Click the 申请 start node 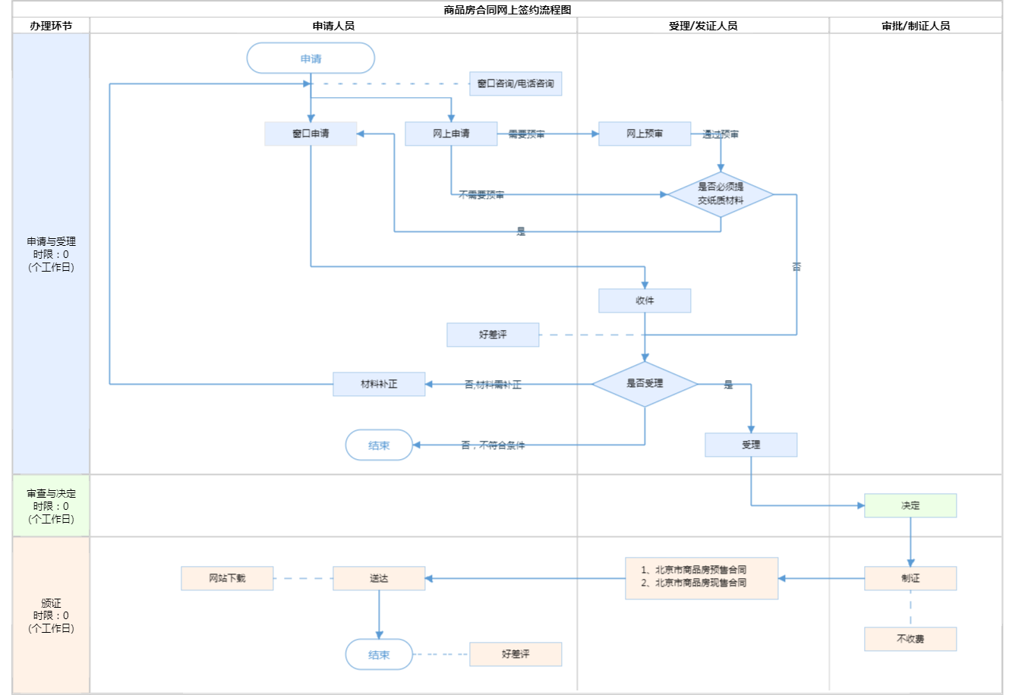coord(311,58)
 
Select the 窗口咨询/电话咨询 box coord(516,83)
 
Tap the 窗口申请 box coord(311,134)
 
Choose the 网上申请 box coord(451,134)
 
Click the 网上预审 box coord(645,134)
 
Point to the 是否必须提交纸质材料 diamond coord(721,194)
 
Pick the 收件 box coord(645,300)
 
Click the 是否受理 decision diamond coord(645,384)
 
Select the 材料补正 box coord(379,384)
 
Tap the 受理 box coord(751,445)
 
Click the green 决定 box coord(910,505)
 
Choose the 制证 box coord(910,578)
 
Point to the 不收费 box coord(910,639)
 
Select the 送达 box coord(379,578)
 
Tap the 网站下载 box coord(227,578)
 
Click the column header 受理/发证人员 coord(703,26)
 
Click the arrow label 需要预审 coord(526,134)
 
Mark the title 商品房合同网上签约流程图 coord(507,10)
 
